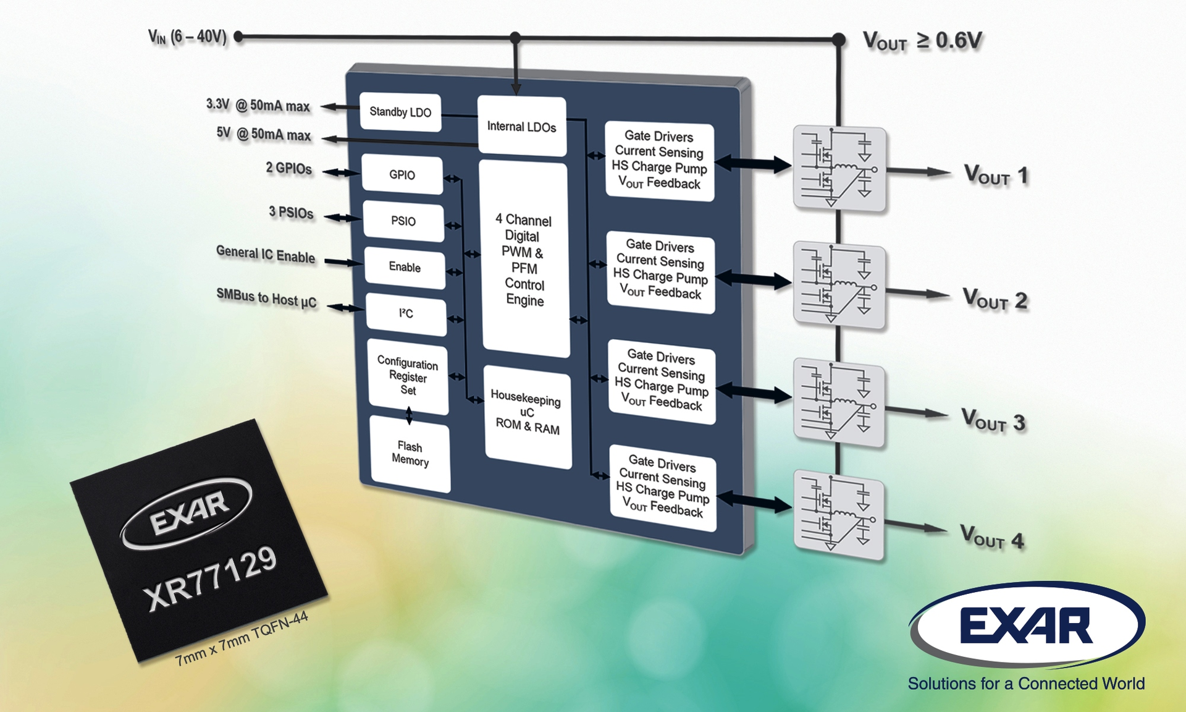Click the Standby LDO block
coord(400,112)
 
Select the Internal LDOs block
coord(521,126)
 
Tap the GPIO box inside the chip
coord(402,175)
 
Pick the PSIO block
coord(403,221)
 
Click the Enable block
coord(405,267)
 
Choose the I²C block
coord(406,314)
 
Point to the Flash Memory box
coord(410,454)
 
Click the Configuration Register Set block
coord(408,376)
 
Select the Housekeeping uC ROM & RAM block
coord(527,413)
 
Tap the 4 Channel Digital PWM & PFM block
coord(524,260)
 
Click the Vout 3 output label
coord(993,421)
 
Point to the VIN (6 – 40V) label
coord(187,37)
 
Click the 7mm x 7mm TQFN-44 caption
coord(242,640)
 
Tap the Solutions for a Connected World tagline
coord(1026,684)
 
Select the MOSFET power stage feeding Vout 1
coord(839,168)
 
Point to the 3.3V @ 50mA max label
coord(258,105)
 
